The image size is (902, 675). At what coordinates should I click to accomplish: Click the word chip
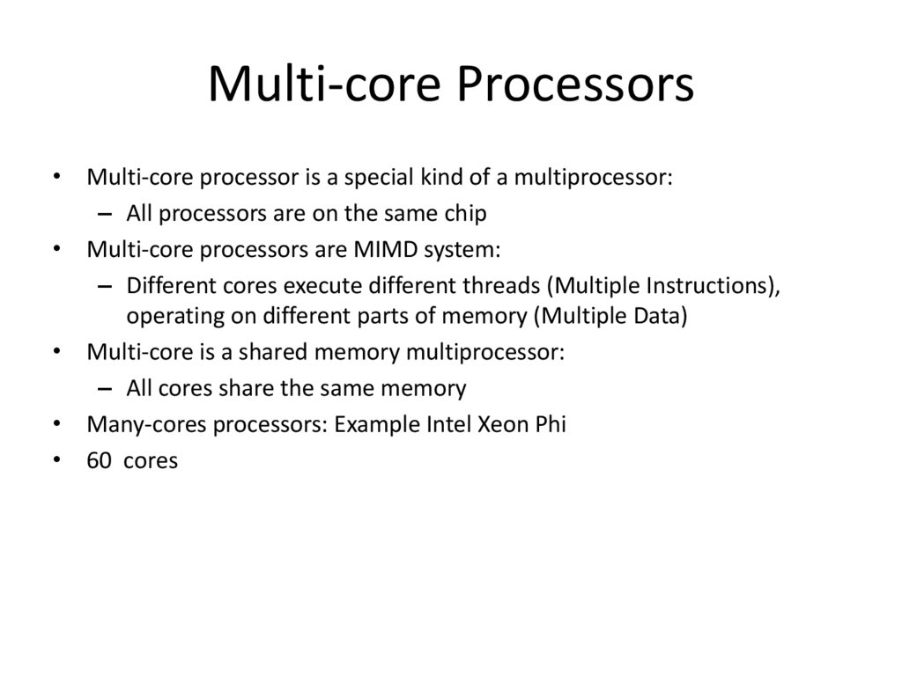467,213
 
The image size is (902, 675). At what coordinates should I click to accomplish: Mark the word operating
167,316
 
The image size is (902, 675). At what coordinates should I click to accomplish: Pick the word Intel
448,424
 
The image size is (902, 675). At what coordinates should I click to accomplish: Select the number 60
99,460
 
